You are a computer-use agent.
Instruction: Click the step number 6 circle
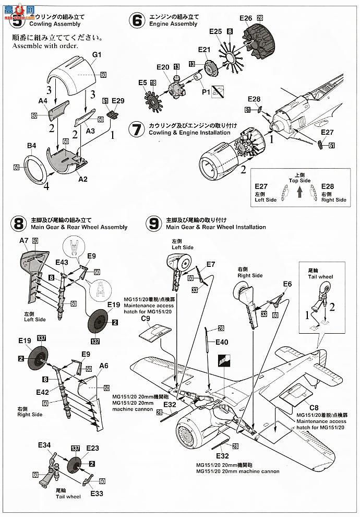point(137,20)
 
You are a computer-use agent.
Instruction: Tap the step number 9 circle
point(153,224)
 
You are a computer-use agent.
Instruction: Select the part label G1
point(97,55)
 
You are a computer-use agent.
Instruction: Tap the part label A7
point(24,240)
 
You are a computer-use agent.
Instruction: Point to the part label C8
point(314,408)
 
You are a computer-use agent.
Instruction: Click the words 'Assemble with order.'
point(43,45)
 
